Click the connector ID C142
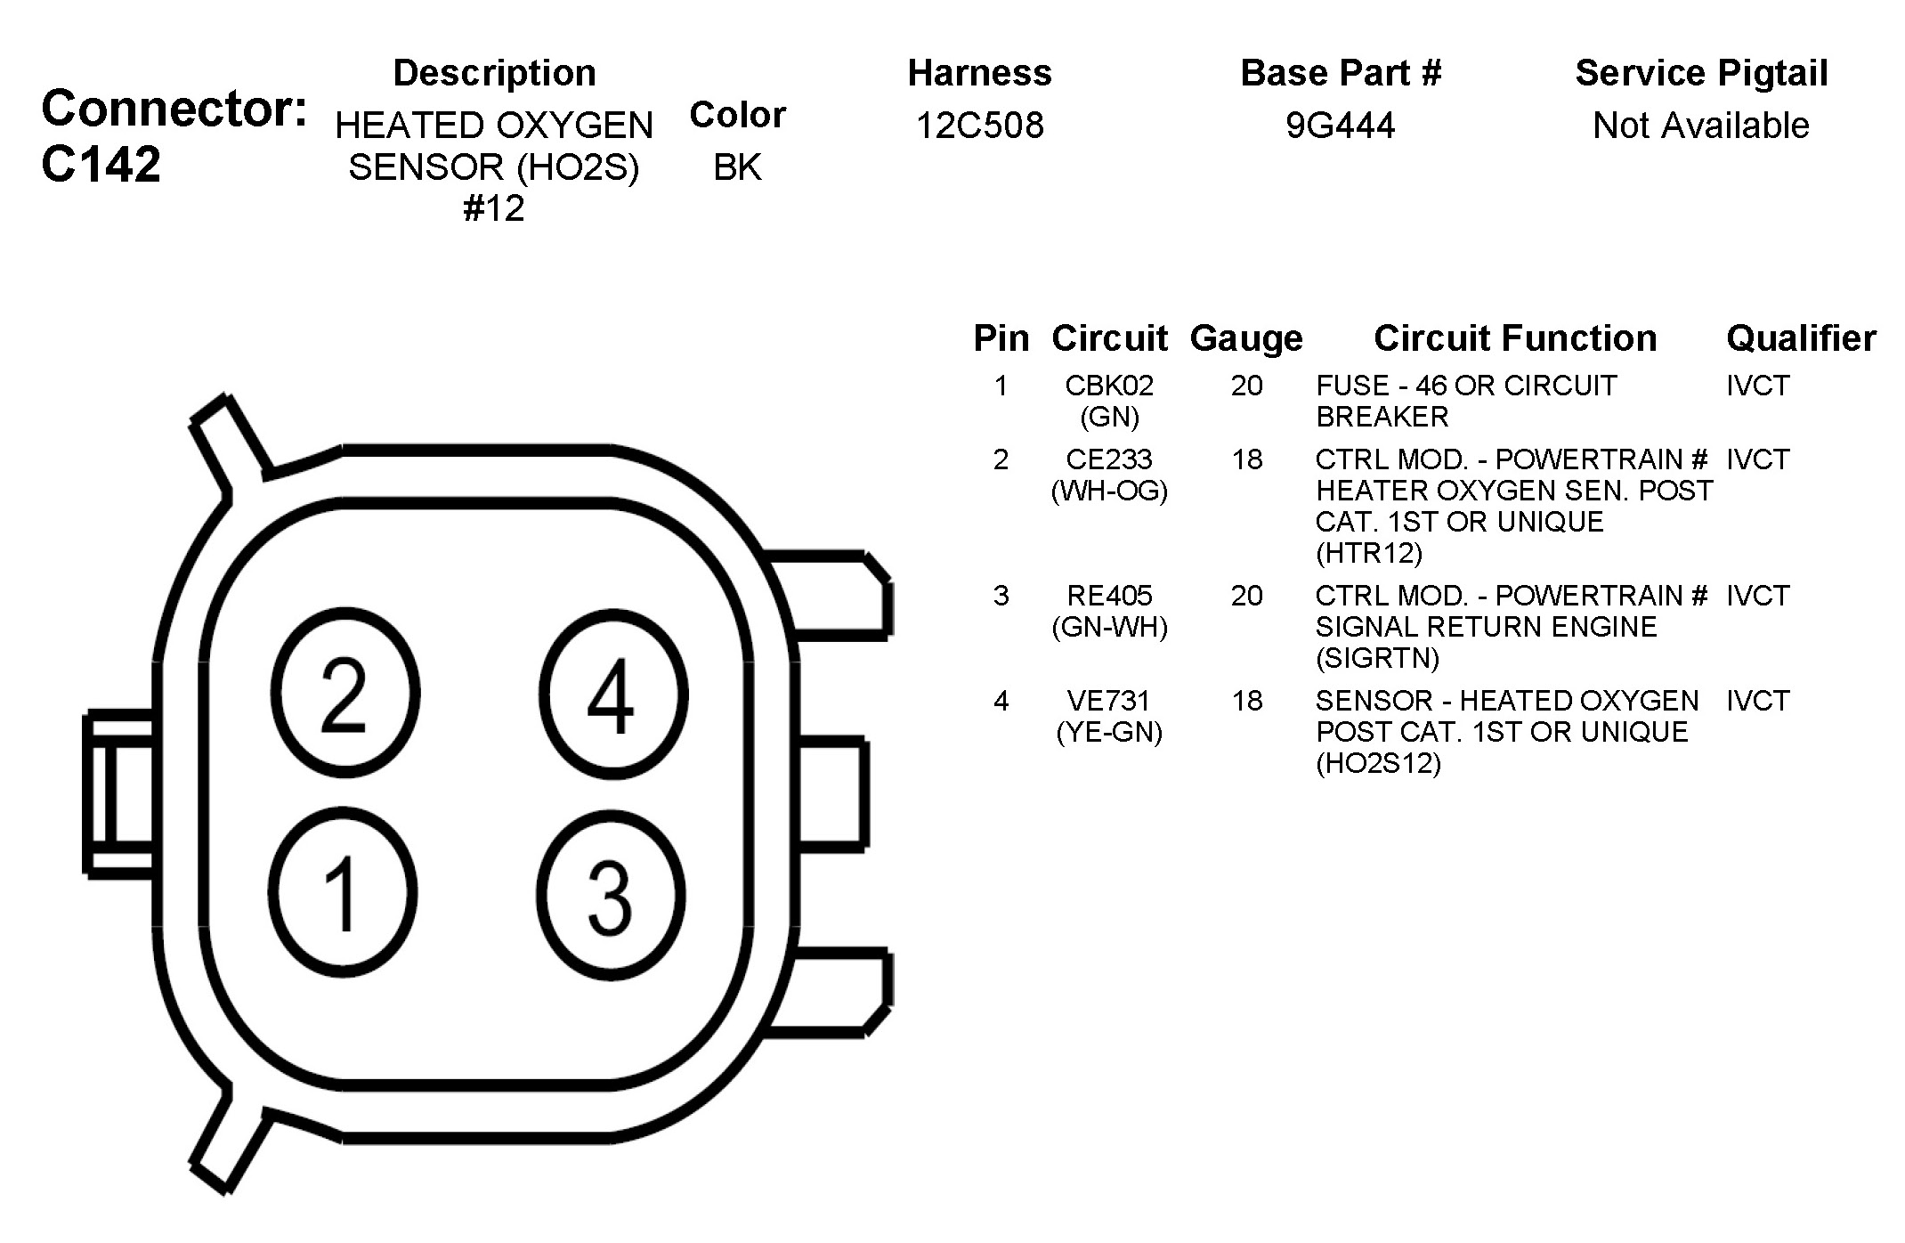pyautogui.click(x=101, y=165)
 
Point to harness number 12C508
pyautogui.click(x=979, y=126)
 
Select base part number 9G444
pyautogui.click(x=1340, y=126)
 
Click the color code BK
pyautogui.click(x=737, y=167)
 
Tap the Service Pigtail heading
pyautogui.click(x=1701, y=74)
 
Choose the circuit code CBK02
pyautogui.click(x=1109, y=386)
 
